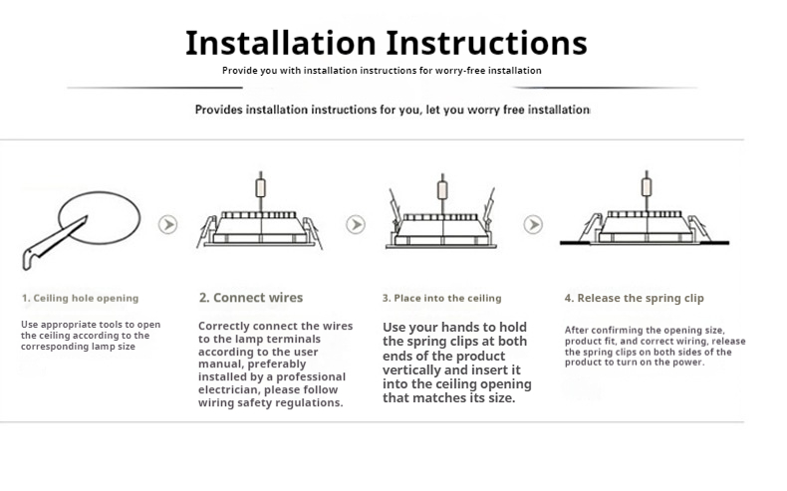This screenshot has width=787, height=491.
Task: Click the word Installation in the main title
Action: [x=281, y=43]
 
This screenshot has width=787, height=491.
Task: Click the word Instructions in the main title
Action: [x=486, y=43]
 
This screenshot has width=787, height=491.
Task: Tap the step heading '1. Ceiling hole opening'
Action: [x=81, y=299]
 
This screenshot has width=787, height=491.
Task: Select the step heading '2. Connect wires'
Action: [x=251, y=298]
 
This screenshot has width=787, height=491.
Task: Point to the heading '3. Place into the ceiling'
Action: [x=441, y=299]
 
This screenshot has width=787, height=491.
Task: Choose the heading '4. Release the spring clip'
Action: [x=634, y=299]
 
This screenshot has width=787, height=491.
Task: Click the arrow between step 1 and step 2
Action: [x=168, y=224]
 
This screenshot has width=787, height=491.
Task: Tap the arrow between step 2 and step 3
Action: [x=356, y=224]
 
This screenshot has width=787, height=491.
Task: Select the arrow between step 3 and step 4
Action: [x=533, y=224]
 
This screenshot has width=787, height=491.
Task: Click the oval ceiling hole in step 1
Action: [x=100, y=218]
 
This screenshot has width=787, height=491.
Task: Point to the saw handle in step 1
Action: [x=31, y=257]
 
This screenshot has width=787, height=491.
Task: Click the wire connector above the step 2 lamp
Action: [x=260, y=188]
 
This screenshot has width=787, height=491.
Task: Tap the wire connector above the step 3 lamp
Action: [x=442, y=190]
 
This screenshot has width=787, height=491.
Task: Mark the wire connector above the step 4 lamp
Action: [x=647, y=187]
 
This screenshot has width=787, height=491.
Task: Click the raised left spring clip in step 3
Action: [x=395, y=206]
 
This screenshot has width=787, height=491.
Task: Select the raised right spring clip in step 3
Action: [x=488, y=205]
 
